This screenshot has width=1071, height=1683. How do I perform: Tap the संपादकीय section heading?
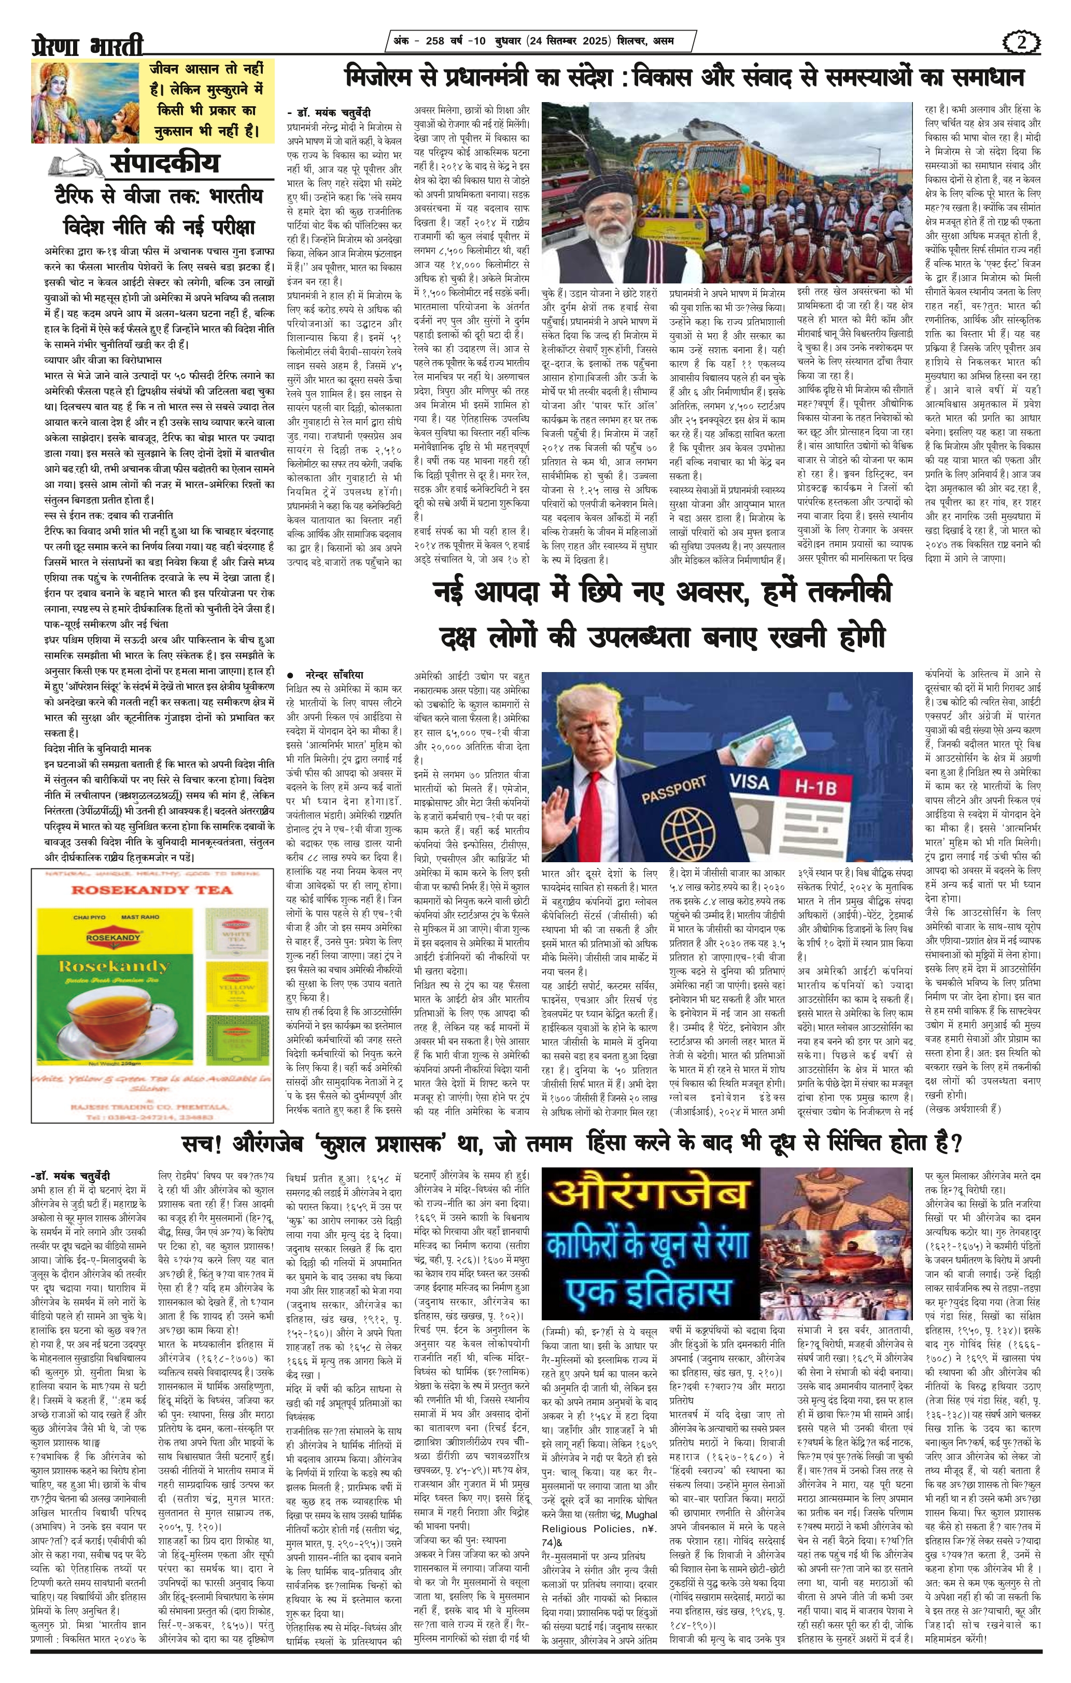point(164,164)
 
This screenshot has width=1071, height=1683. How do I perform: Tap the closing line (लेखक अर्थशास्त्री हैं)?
point(964,1108)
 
